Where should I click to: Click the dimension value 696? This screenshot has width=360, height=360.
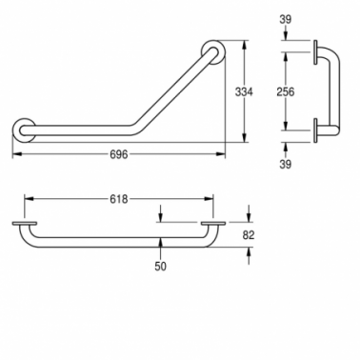pos(119,154)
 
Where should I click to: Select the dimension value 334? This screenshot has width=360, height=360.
pos(244,91)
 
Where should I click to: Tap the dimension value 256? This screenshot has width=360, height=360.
pos(286,91)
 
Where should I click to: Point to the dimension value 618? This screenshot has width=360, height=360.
pos(119,199)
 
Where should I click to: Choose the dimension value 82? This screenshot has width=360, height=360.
pos(249,235)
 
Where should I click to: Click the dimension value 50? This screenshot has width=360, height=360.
pos(161,267)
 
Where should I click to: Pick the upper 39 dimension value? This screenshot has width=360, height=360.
pos(286,20)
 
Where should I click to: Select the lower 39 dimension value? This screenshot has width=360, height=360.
pos(286,164)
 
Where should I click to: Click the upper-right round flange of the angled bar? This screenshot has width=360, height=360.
pos(213,52)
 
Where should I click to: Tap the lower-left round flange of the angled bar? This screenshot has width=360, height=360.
pos(25,130)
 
